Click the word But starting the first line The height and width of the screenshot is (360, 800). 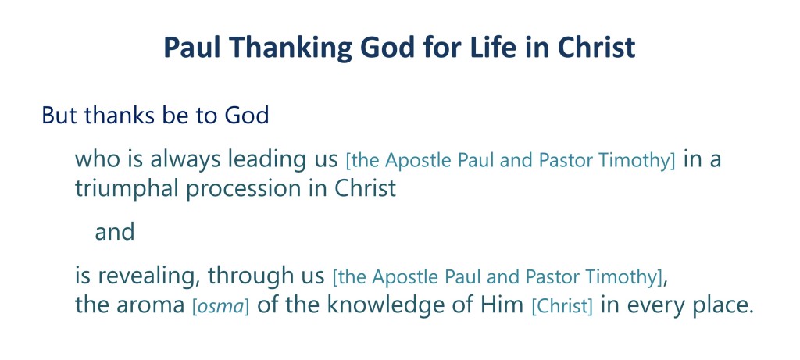(x=59, y=116)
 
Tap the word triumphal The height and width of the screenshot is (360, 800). (x=127, y=189)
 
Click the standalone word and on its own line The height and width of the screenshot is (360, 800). (x=115, y=232)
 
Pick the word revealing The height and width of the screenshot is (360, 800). (x=146, y=277)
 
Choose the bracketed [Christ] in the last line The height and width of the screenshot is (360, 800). (x=562, y=306)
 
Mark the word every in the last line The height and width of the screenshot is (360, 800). (x=656, y=307)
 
